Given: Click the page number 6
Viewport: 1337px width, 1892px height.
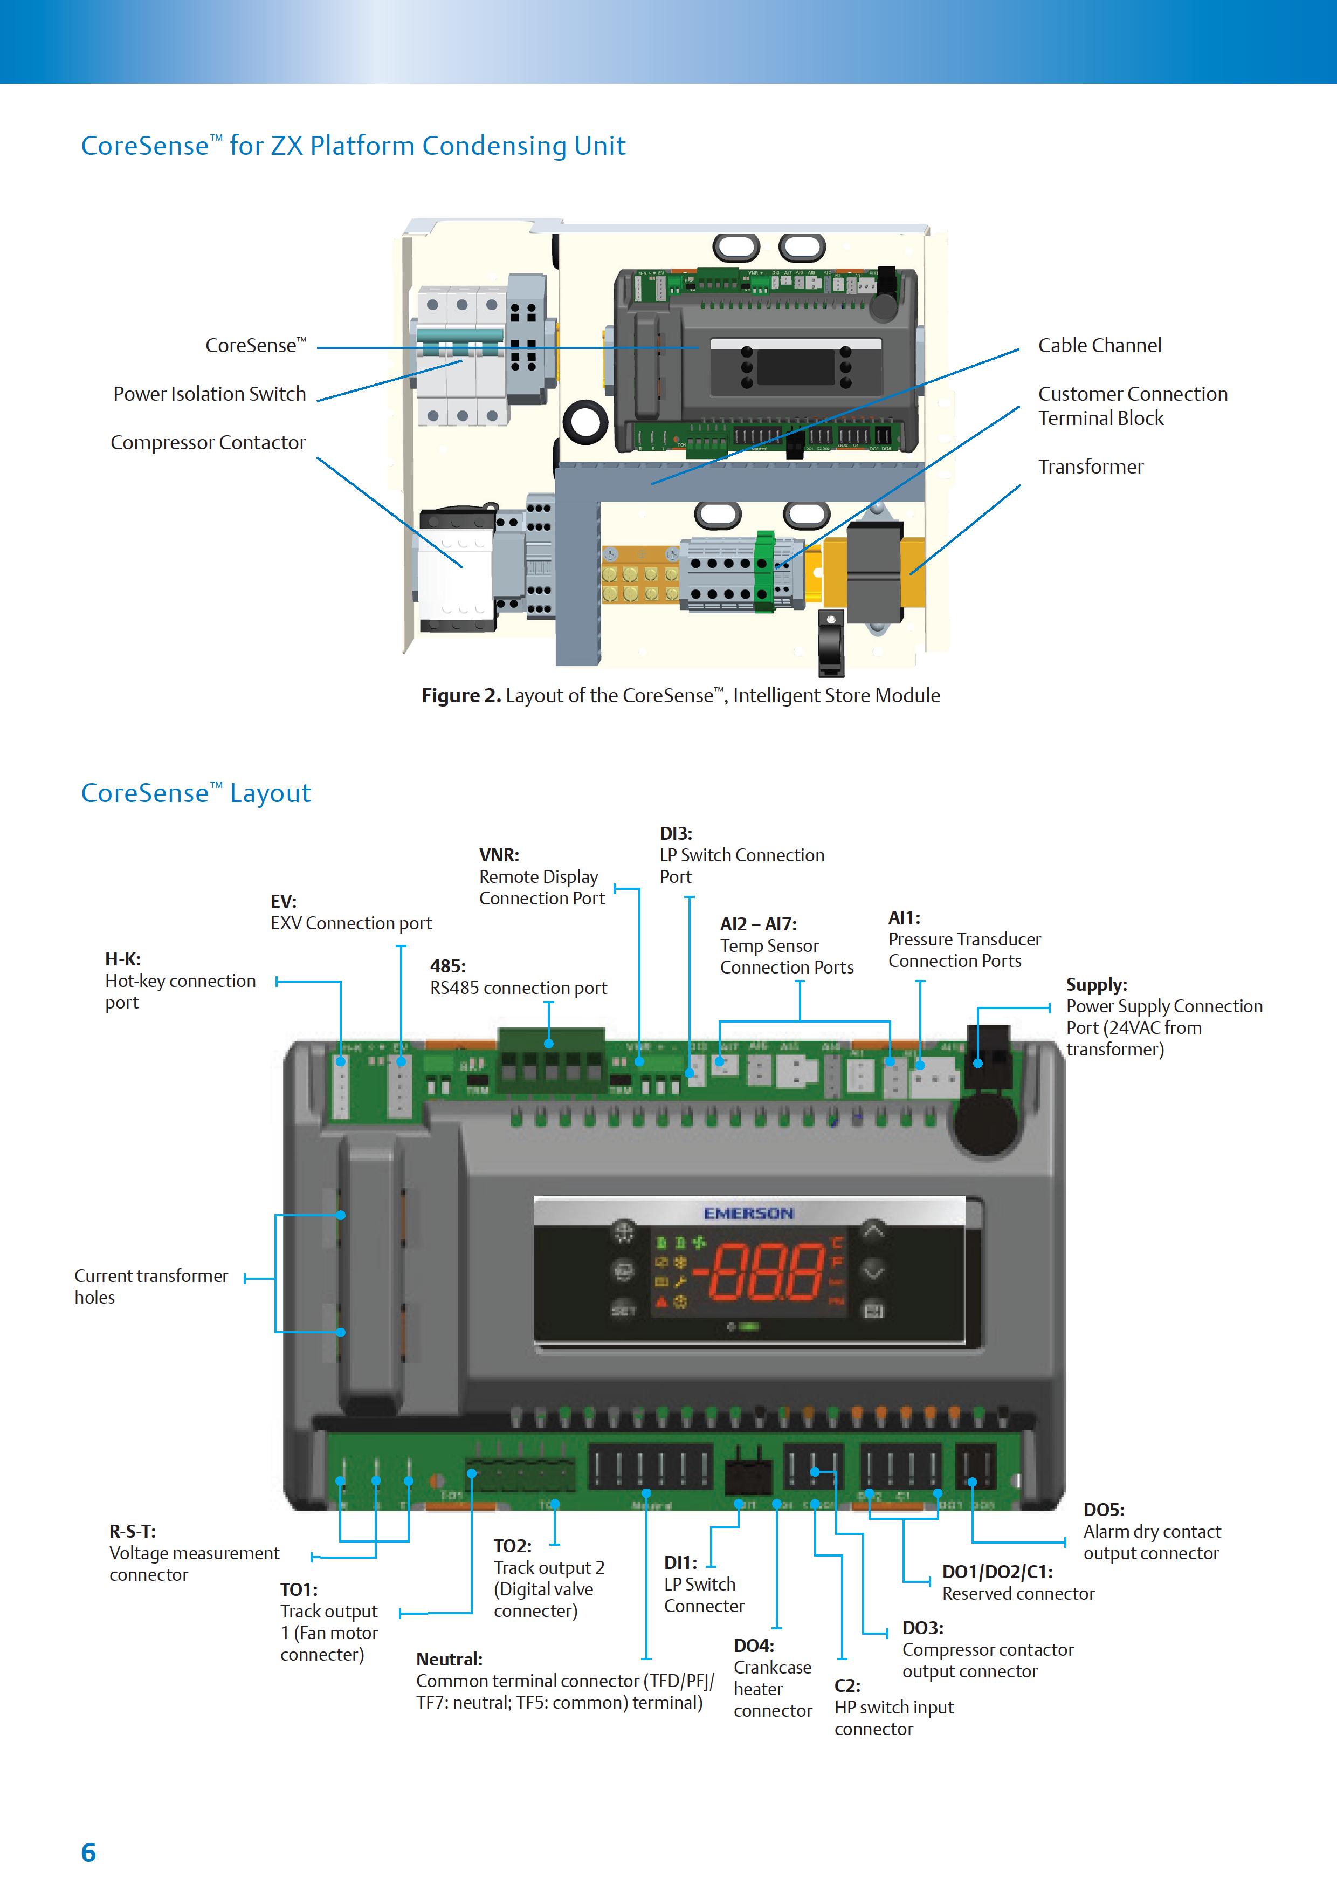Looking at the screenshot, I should point(88,1853).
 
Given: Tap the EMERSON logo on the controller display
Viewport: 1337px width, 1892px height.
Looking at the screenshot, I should point(748,1213).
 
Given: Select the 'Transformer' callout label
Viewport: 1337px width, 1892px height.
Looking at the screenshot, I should point(1090,467).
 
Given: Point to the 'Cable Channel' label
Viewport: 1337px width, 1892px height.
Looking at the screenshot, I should point(1099,345).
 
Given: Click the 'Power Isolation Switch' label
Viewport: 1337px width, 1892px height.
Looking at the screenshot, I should point(209,394).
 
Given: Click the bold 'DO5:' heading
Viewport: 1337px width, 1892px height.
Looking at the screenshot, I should point(1103,1510).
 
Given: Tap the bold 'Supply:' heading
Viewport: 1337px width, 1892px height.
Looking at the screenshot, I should point(1095,985).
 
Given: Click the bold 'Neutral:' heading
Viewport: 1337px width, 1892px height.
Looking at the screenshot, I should point(449,1659).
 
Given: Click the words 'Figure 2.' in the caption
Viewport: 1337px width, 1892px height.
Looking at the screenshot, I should point(460,696).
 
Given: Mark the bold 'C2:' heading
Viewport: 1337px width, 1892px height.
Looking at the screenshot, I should point(847,1685).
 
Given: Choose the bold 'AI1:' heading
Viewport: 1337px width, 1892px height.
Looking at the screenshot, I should point(904,918).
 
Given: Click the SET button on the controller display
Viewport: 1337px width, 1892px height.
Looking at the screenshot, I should point(623,1310).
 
